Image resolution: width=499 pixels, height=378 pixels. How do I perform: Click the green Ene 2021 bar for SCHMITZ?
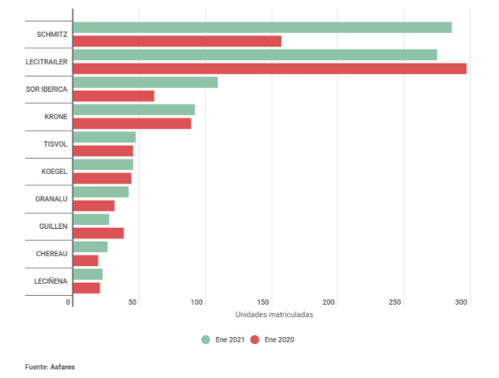click(x=262, y=27)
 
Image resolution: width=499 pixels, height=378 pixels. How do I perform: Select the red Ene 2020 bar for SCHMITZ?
click(x=177, y=41)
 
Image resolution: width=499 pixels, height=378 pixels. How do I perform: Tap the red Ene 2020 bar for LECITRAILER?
click(x=270, y=69)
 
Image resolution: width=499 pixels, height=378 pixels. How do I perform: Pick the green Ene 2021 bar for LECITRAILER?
click(x=254, y=55)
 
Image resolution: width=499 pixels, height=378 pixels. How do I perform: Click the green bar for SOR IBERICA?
click(x=145, y=82)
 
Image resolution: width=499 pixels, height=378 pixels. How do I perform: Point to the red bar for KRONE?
click(x=132, y=123)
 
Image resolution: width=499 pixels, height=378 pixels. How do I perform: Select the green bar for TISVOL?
click(x=104, y=137)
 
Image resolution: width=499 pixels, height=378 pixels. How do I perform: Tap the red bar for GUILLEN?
click(x=98, y=233)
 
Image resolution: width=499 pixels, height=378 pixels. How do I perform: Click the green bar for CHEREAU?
click(x=89, y=247)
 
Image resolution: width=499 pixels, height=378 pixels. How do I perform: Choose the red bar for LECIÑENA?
click(x=86, y=288)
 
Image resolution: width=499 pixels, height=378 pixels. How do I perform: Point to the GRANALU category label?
click(x=51, y=198)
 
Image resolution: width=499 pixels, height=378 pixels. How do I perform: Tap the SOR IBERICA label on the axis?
click(x=47, y=89)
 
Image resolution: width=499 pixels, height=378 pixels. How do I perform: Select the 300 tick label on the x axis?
click(x=461, y=302)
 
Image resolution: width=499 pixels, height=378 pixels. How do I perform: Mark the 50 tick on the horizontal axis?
click(x=134, y=302)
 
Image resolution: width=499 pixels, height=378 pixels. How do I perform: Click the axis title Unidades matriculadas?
click(x=274, y=314)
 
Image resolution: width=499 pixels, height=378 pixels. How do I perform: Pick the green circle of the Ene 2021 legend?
click(x=206, y=339)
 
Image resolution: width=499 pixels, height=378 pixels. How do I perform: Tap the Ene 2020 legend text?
click(x=279, y=339)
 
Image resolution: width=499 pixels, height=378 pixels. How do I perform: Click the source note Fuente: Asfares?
click(x=50, y=367)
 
